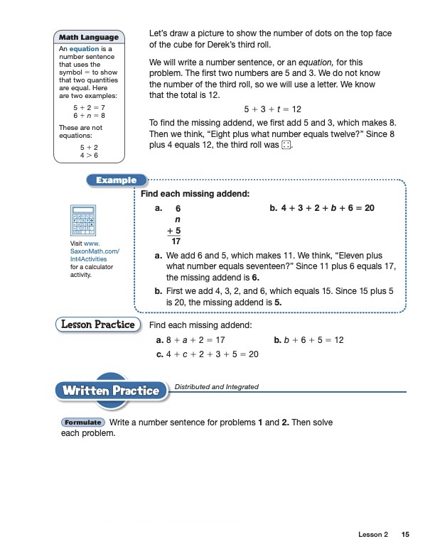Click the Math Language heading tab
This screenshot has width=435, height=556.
click(x=89, y=37)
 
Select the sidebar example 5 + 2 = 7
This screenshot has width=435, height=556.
click(x=89, y=106)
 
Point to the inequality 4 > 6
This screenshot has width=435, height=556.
click(x=89, y=155)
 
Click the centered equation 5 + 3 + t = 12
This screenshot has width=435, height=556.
click(x=272, y=109)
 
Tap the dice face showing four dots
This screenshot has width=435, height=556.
click(x=285, y=146)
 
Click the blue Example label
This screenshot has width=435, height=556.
click(x=116, y=180)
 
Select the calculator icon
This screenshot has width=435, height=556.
click(x=83, y=220)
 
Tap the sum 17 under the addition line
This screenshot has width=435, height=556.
click(x=176, y=241)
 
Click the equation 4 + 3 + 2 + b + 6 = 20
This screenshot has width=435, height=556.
click(x=322, y=208)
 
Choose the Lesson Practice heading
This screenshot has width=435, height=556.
click(x=95, y=325)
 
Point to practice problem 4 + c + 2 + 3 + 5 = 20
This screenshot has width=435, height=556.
click(x=206, y=354)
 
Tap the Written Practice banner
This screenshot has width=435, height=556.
click(x=110, y=390)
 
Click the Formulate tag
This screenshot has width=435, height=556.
click(x=82, y=423)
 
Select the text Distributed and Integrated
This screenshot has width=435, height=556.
click(x=216, y=387)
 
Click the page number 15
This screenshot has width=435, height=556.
click(x=405, y=534)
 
